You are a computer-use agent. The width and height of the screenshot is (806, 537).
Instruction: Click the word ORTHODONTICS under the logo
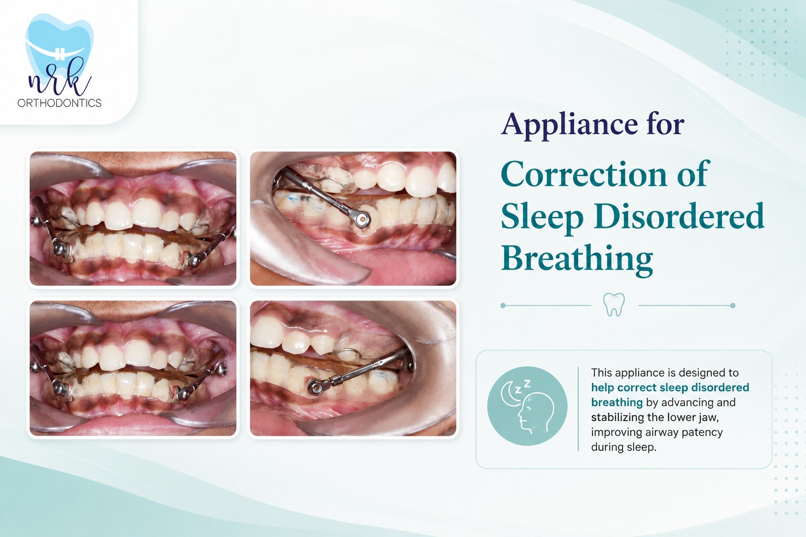pos(59,103)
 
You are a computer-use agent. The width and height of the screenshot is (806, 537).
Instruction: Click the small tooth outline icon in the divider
pos(614,305)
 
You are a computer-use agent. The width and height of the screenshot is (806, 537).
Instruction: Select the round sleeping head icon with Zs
pos(527,406)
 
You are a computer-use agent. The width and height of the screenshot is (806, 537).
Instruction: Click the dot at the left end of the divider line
pos(503,305)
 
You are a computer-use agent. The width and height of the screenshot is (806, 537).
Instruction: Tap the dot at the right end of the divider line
pos(733,305)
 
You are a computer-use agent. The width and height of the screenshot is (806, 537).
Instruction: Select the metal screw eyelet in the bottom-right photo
pos(316,388)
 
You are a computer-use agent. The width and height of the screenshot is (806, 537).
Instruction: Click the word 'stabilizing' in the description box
pos(616,417)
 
